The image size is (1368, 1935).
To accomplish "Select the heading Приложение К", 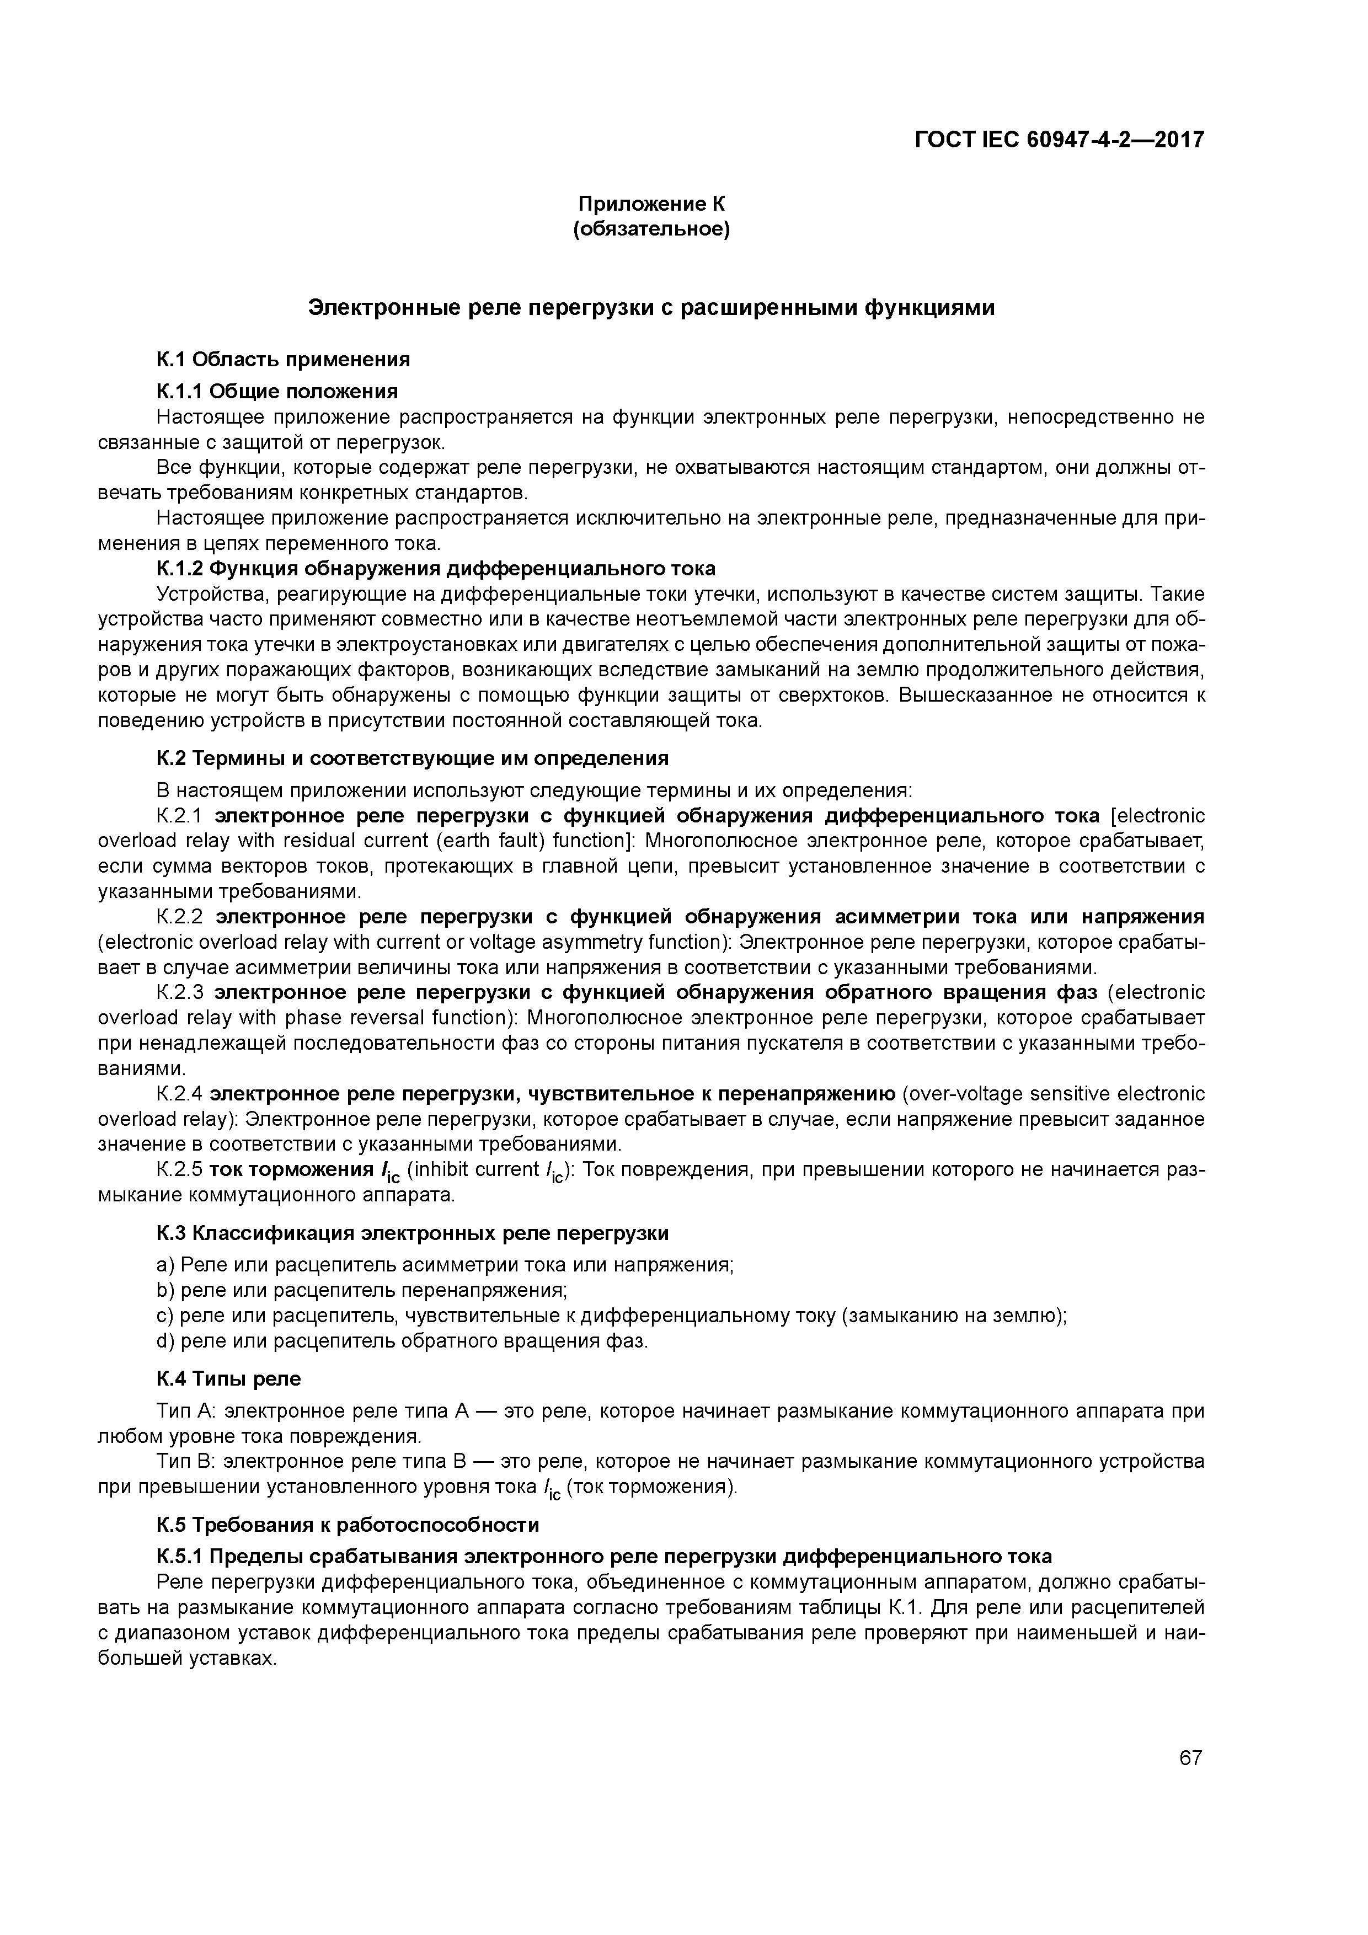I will [x=651, y=204].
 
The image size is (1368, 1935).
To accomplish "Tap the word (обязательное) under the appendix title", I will [x=651, y=229].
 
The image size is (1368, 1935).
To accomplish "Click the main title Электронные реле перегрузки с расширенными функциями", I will [x=651, y=308].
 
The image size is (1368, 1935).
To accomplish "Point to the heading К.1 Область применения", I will [x=283, y=360].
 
